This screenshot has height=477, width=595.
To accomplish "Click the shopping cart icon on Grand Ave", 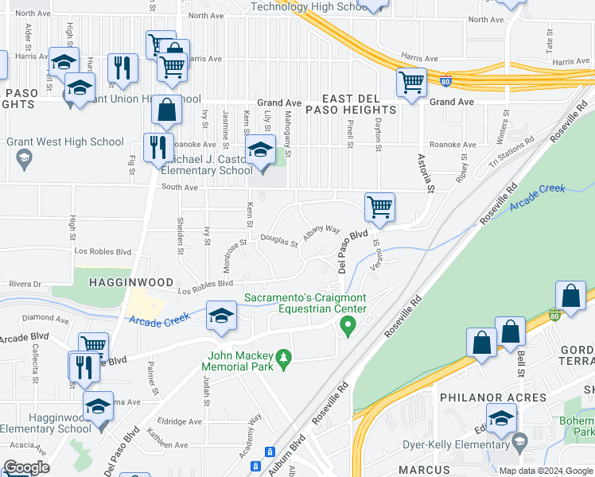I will pyautogui.click(x=411, y=82).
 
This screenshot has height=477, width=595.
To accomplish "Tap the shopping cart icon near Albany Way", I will pyautogui.click(x=380, y=207).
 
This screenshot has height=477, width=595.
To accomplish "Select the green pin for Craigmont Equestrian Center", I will pyautogui.click(x=347, y=324).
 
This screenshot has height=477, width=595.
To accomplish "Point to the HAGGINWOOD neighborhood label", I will pyautogui.click(x=120, y=282).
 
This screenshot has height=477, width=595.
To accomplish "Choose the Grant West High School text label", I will pyautogui.click(x=65, y=142).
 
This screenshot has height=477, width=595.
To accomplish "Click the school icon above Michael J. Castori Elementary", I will pyautogui.click(x=260, y=149).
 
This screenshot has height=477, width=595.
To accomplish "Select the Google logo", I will pyautogui.click(x=26, y=467).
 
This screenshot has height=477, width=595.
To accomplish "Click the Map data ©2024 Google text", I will pyautogui.click(x=546, y=470).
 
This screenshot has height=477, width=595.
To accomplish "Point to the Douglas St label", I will pyautogui.click(x=278, y=239).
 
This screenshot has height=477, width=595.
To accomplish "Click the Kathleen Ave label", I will pyautogui.click(x=166, y=444).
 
